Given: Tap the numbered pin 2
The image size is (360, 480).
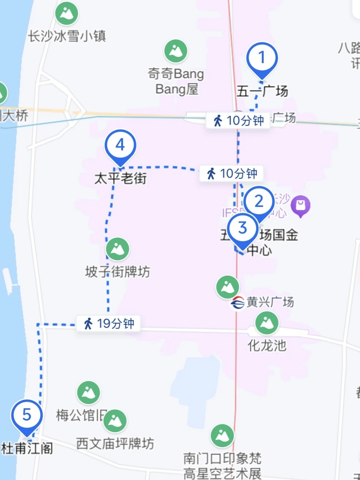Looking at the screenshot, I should click(x=259, y=201).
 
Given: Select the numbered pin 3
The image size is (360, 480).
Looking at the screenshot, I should click(x=243, y=229).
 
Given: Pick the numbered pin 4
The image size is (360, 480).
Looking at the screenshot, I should click(x=120, y=146).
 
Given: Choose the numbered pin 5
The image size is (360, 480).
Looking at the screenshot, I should click(x=27, y=415).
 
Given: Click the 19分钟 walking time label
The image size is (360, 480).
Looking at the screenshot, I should click(x=109, y=323).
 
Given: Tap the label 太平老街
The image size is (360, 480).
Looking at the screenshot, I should click(x=120, y=178).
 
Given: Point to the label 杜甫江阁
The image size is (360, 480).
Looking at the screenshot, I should click(x=27, y=448).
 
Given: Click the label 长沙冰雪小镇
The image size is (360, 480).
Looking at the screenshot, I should click(x=67, y=36).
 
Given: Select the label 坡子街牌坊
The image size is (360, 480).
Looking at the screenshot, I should click(x=118, y=272).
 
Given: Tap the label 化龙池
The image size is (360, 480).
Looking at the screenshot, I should click(x=267, y=345).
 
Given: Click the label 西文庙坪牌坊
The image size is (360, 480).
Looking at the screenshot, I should click(x=115, y=443).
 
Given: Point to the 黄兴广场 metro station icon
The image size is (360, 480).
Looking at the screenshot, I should click(x=237, y=303).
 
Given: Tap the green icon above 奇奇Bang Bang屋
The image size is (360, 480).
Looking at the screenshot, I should click(x=176, y=51).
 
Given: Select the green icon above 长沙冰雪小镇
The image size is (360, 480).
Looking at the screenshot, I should click(x=66, y=14).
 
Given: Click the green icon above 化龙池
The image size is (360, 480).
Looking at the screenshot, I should click(x=267, y=323).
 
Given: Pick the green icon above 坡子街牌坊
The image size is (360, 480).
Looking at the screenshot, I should click(x=117, y=249).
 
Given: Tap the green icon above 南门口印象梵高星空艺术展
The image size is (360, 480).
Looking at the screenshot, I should click(x=222, y=435).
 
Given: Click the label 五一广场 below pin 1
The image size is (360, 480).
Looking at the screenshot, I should click(x=262, y=91).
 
